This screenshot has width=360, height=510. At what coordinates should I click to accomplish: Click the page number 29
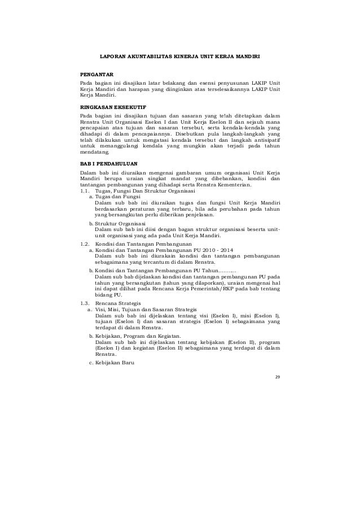pos(276,376)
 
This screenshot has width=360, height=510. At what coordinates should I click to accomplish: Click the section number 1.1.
pos(85,191)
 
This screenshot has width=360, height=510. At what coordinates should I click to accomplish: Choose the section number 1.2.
pos(85,243)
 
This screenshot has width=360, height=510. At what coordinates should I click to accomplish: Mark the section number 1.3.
pos(85,304)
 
